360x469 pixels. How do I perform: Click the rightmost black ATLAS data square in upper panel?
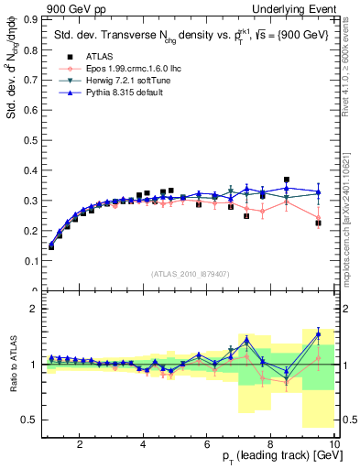318,223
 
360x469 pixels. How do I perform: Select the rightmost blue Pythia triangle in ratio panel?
318,333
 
